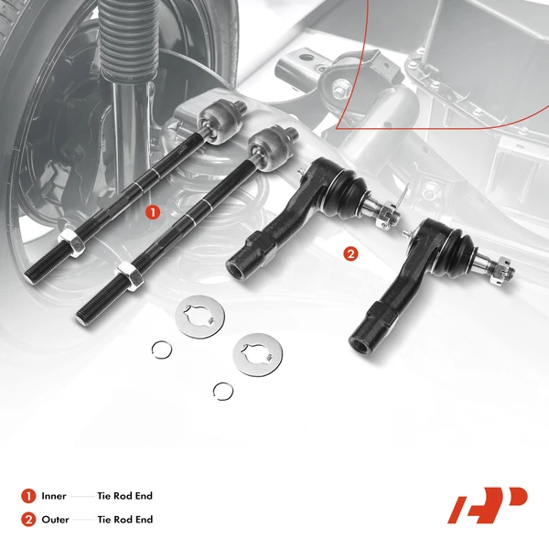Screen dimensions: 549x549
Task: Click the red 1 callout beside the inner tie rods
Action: click(x=153, y=211)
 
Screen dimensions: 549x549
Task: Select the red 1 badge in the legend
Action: click(x=28, y=496)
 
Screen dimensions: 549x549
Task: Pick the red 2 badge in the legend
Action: click(x=28, y=520)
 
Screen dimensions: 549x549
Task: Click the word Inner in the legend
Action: click(x=53, y=496)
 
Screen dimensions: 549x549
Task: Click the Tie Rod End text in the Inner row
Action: click(x=124, y=496)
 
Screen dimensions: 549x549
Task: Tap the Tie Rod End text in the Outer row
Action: click(x=124, y=520)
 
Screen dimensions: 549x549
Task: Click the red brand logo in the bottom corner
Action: click(x=487, y=505)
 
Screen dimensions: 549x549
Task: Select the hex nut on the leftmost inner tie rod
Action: click(x=69, y=243)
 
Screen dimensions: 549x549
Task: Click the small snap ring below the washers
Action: click(x=222, y=391)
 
